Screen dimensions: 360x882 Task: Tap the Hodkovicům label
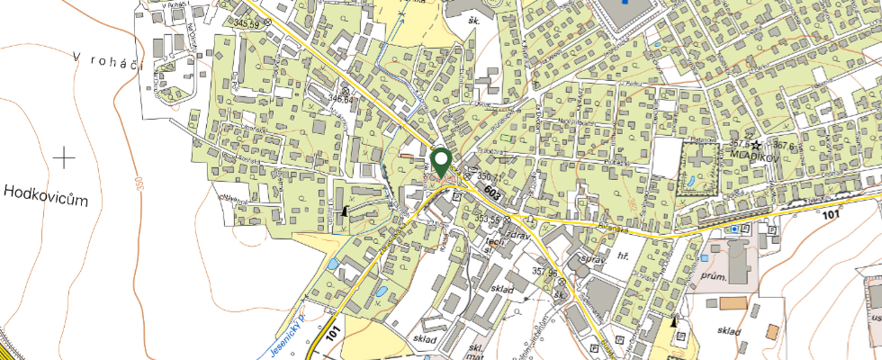47,194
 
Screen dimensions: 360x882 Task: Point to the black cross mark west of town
64,158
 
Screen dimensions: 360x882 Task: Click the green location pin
441,162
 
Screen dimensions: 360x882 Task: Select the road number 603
491,193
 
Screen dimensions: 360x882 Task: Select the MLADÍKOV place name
754,155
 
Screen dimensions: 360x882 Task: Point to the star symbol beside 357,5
757,144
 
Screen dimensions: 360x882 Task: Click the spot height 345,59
246,22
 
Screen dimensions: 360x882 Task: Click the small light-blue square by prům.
735,229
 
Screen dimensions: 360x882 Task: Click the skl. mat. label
478,351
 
